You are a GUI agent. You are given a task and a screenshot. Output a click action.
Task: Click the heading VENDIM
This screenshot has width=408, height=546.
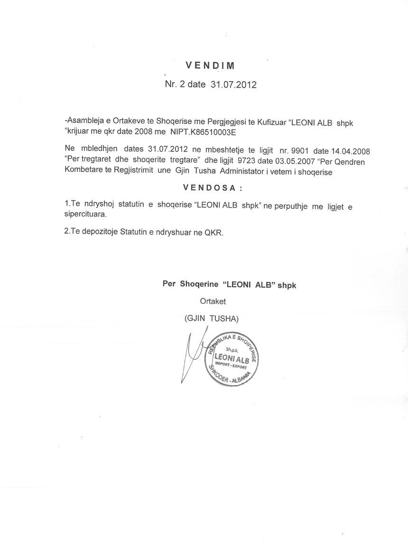[210, 66]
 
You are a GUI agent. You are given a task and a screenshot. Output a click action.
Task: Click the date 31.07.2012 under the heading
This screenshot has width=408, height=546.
[233, 85]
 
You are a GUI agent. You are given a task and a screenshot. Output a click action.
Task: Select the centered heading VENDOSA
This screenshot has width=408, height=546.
[212, 188]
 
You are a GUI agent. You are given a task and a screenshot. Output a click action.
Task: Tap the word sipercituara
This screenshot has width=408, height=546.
[85, 214]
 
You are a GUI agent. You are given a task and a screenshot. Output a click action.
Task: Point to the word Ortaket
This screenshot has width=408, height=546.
[213, 301]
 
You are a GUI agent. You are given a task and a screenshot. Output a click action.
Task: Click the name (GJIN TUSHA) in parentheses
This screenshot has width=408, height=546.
[212, 319]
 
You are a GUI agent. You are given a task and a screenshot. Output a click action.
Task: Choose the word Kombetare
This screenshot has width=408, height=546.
[81, 172]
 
